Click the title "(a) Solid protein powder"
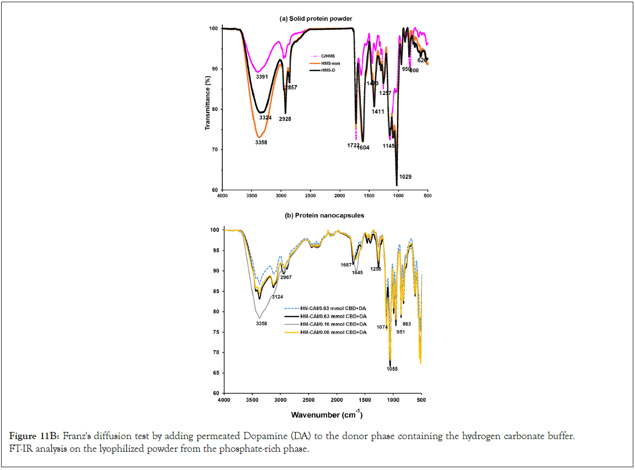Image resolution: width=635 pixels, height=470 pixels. point(316,19)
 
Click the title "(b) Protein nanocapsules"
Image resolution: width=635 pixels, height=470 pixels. point(316,216)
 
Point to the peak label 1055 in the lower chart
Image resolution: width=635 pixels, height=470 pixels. point(392,368)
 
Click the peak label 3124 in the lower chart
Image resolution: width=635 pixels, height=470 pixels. point(277,297)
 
